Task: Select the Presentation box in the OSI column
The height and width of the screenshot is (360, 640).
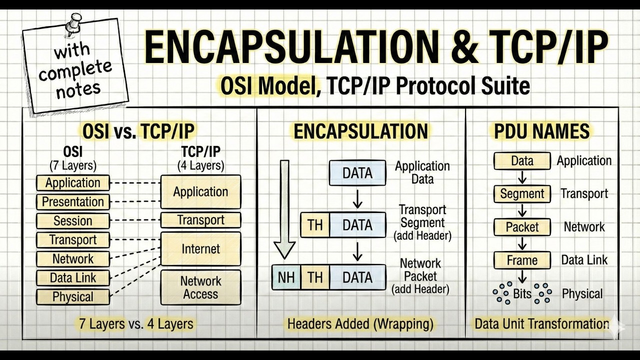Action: click(x=73, y=202)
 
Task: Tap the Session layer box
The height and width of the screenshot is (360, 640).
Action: click(x=73, y=221)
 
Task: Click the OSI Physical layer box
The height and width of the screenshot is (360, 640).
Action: click(x=73, y=297)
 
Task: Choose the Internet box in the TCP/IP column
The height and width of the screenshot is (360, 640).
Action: click(x=200, y=249)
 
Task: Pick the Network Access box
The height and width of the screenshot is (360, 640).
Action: click(x=200, y=287)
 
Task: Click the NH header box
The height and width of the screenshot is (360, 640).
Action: click(x=286, y=277)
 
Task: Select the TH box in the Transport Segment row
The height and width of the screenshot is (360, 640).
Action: click(x=315, y=225)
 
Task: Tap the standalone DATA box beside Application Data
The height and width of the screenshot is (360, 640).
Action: click(x=357, y=173)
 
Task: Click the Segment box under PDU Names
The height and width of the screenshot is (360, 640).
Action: click(x=522, y=194)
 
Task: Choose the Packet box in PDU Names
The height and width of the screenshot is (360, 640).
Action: click(x=522, y=227)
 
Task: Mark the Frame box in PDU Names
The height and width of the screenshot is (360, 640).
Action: click(x=522, y=260)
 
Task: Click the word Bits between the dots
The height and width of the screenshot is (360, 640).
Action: click(x=522, y=293)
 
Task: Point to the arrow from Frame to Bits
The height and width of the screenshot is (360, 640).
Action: click(x=522, y=276)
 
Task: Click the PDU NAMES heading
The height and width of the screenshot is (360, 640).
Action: click(x=541, y=131)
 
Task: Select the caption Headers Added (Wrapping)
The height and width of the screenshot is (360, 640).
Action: click(x=360, y=324)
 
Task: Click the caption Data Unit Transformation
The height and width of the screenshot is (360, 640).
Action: click(x=541, y=324)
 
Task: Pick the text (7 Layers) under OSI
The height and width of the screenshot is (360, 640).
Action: click(x=73, y=165)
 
